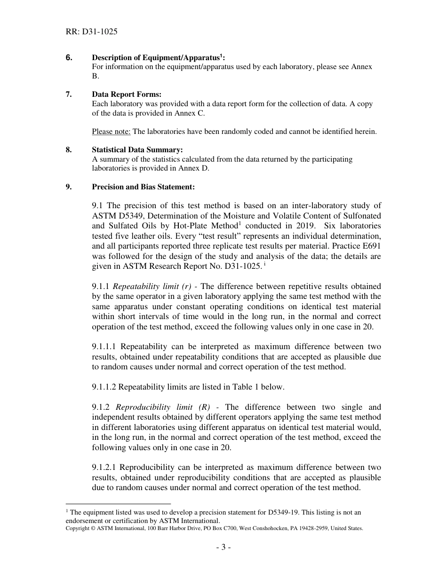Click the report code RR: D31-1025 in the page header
[92, 32]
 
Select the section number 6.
[69, 58]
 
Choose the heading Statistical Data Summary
[137, 150]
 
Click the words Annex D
[194, 168]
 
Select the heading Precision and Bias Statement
[143, 187]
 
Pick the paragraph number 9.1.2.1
[107, 467]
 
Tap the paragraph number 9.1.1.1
[107, 347]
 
